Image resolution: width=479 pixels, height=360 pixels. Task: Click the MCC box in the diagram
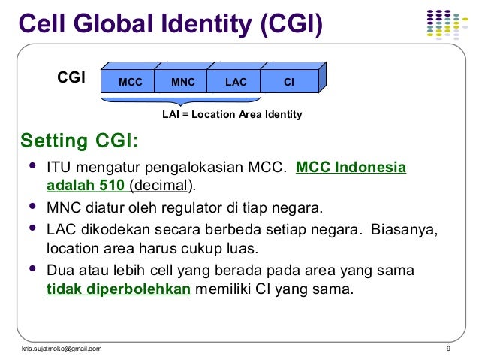[x=130, y=82]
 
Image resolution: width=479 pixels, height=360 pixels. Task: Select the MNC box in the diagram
[x=182, y=82]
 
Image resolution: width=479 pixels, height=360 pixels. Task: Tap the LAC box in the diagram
[x=236, y=82]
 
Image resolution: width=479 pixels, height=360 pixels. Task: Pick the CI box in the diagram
[x=288, y=82]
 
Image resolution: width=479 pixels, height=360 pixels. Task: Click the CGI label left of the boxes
[x=71, y=77]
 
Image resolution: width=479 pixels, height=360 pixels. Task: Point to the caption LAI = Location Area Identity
[x=232, y=115]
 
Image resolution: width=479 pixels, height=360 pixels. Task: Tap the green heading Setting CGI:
[x=78, y=141]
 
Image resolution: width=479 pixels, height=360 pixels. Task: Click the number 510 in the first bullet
[x=111, y=185]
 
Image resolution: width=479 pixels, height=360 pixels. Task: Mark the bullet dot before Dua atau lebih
[x=32, y=268]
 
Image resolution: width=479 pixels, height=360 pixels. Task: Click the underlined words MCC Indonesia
[x=351, y=167]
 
